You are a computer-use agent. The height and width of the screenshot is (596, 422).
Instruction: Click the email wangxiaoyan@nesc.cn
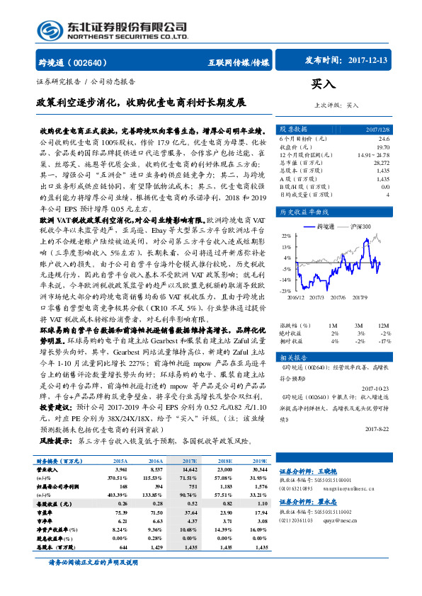click(343, 508)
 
